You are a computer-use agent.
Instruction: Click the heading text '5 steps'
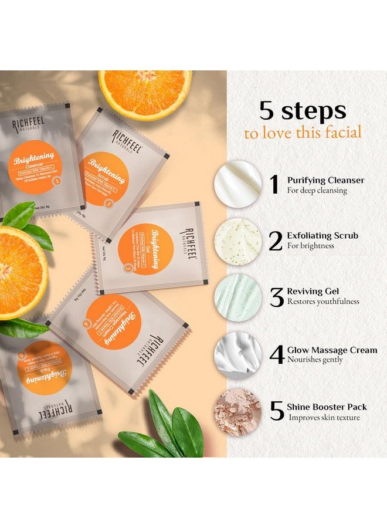pyautogui.click(x=303, y=111)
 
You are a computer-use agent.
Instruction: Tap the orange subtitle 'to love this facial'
pyautogui.click(x=303, y=133)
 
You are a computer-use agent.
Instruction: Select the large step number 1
pyautogui.click(x=274, y=184)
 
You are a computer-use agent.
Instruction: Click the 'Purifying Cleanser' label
pyautogui.click(x=325, y=180)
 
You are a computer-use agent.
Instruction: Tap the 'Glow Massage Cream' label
pyautogui.click(x=332, y=350)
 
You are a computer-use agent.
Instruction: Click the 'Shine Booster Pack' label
pyautogui.click(x=327, y=407)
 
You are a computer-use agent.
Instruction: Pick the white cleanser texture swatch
pyautogui.click(x=238, y=184)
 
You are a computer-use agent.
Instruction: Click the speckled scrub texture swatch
pyautogui.click(x=238, y=241)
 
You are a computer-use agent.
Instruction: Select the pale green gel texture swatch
pyautogui.click(x=238, y=297)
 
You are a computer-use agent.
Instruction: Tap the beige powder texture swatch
pyautogui.click(x=238, y=411)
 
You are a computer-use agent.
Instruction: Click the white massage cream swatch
pyautogui.click(x=238, y=354)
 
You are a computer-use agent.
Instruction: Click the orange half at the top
pyautogui.click(x=145, y=93)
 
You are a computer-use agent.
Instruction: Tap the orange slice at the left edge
pyautogui.click(x=20, y=271)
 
